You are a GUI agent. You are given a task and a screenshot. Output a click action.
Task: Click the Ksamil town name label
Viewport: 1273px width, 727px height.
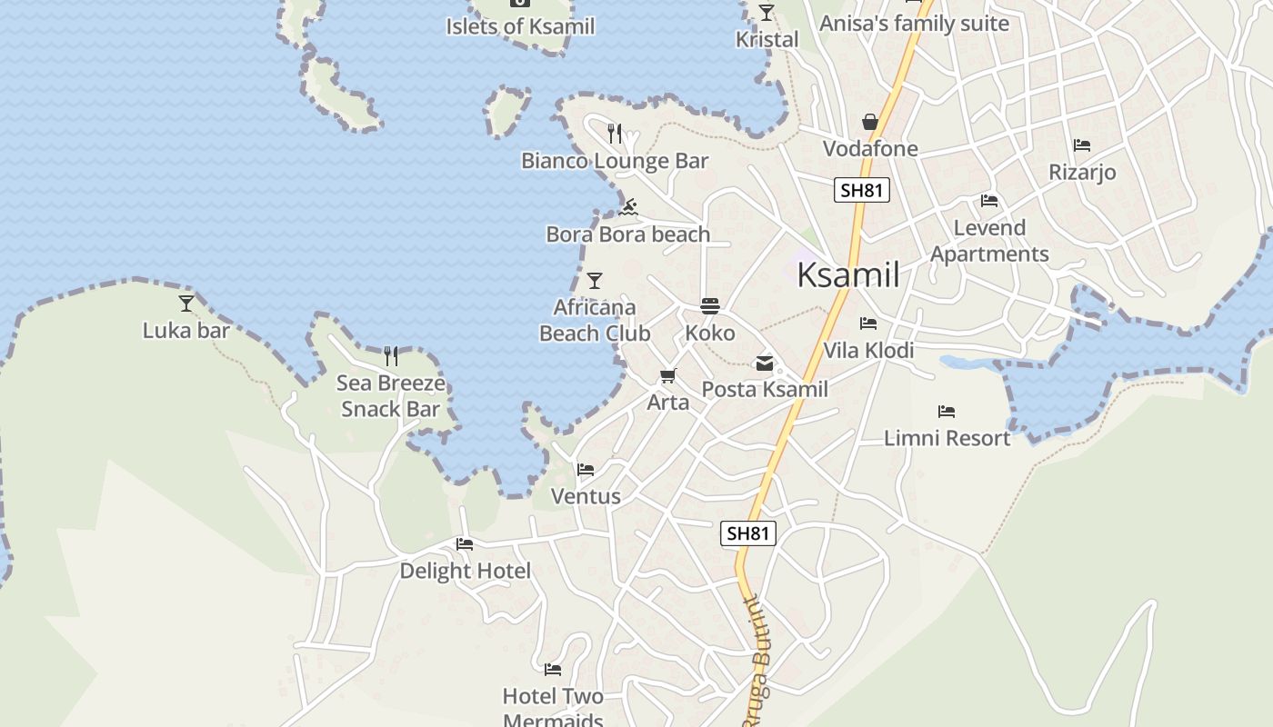click(x=847, y=274)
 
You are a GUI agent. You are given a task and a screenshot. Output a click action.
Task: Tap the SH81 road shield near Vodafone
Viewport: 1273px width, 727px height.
click(x=861, y=190)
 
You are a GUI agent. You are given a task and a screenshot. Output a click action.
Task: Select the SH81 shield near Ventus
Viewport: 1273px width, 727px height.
click(x=748, y=533)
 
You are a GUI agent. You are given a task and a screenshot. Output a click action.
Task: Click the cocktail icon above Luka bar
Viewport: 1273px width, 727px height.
click(x=186, y=303)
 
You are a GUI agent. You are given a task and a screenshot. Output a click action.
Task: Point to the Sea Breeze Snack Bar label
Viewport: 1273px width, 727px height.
click(x=391, y=396)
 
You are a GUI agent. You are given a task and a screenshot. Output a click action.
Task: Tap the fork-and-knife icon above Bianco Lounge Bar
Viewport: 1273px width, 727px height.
click(x=615, y=134)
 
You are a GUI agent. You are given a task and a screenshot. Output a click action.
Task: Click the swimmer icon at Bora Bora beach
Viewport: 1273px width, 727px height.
click(x=627, y=208)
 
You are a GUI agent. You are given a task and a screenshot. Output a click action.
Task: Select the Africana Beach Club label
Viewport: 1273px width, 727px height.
click(x=595, y=321)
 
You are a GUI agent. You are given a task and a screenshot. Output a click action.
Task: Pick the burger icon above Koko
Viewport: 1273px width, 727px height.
click(x=710, y=306)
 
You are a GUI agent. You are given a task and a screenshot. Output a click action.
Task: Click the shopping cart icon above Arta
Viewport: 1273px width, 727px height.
click(x=668, y=375)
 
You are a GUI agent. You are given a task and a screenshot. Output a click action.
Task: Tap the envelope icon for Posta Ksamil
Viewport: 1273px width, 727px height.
click(x=765, y=363)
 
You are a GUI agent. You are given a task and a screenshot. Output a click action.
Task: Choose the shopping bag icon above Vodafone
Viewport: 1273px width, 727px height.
click(x=870, y=122)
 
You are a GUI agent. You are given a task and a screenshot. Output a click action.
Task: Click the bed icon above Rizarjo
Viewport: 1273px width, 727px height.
click(x=1081, y=145)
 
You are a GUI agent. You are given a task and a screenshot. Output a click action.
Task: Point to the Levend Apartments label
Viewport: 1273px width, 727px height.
click(x=989, y=241)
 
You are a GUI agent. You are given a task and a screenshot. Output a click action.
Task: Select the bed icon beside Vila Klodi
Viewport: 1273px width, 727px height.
click(x=868, y=324)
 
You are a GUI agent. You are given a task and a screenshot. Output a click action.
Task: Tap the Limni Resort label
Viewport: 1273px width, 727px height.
click(x=947, y=438)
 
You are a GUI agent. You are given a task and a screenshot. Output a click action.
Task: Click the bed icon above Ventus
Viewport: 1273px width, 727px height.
click(x=586, y=470)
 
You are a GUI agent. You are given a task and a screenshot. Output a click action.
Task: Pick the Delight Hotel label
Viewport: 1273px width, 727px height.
click(x=465, y=571)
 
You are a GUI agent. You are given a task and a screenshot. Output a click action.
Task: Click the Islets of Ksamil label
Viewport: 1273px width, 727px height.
click(x=520, y=26)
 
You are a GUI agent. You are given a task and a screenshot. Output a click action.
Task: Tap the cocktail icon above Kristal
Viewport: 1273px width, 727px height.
click(x=767, y=13)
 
